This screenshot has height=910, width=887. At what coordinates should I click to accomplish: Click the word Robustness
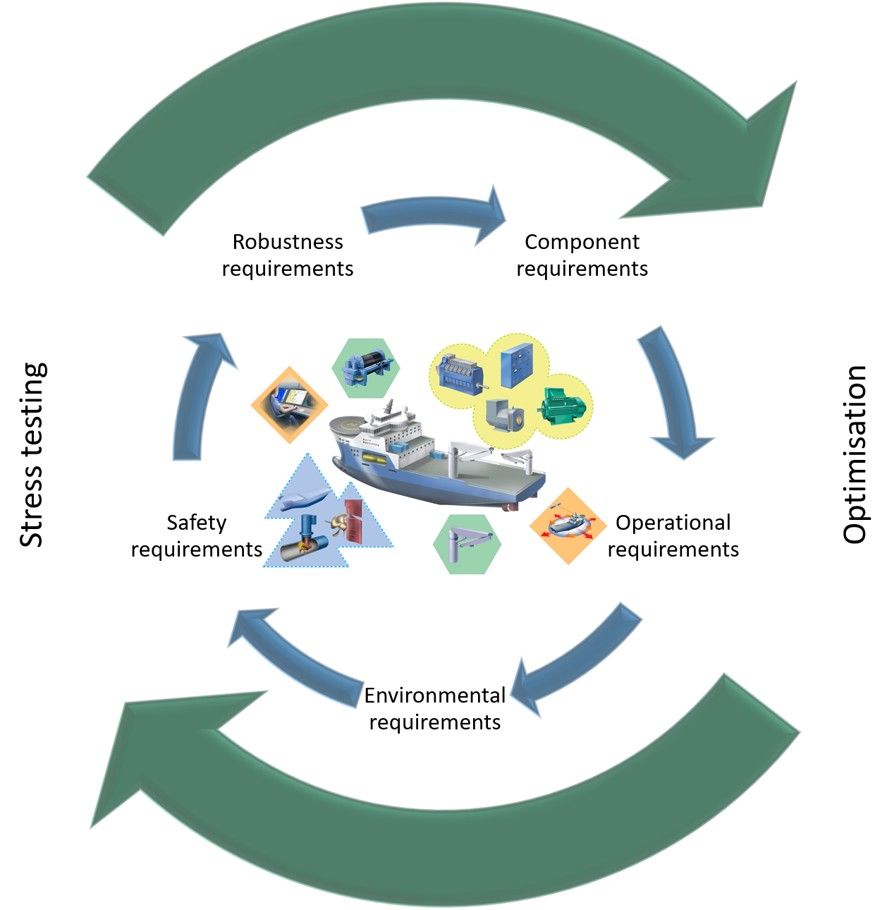click(x=288, y=242)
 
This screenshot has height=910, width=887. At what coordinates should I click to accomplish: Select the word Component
click(x=582, y=242)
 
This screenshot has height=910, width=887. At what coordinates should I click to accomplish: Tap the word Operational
click(x=673, y=523)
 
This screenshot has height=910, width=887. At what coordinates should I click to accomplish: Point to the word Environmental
click(x=434, y=696)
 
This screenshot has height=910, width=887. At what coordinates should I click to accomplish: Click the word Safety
click(x=196, y=523)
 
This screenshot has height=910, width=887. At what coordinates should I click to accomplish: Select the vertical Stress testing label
click(x=32, y=455)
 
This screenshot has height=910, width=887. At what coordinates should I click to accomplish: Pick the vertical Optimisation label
click(x=855, y=455)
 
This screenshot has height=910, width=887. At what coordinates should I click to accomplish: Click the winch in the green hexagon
click(x=365, y=368)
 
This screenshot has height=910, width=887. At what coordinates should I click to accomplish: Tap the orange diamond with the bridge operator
click(x=290, y=405)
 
